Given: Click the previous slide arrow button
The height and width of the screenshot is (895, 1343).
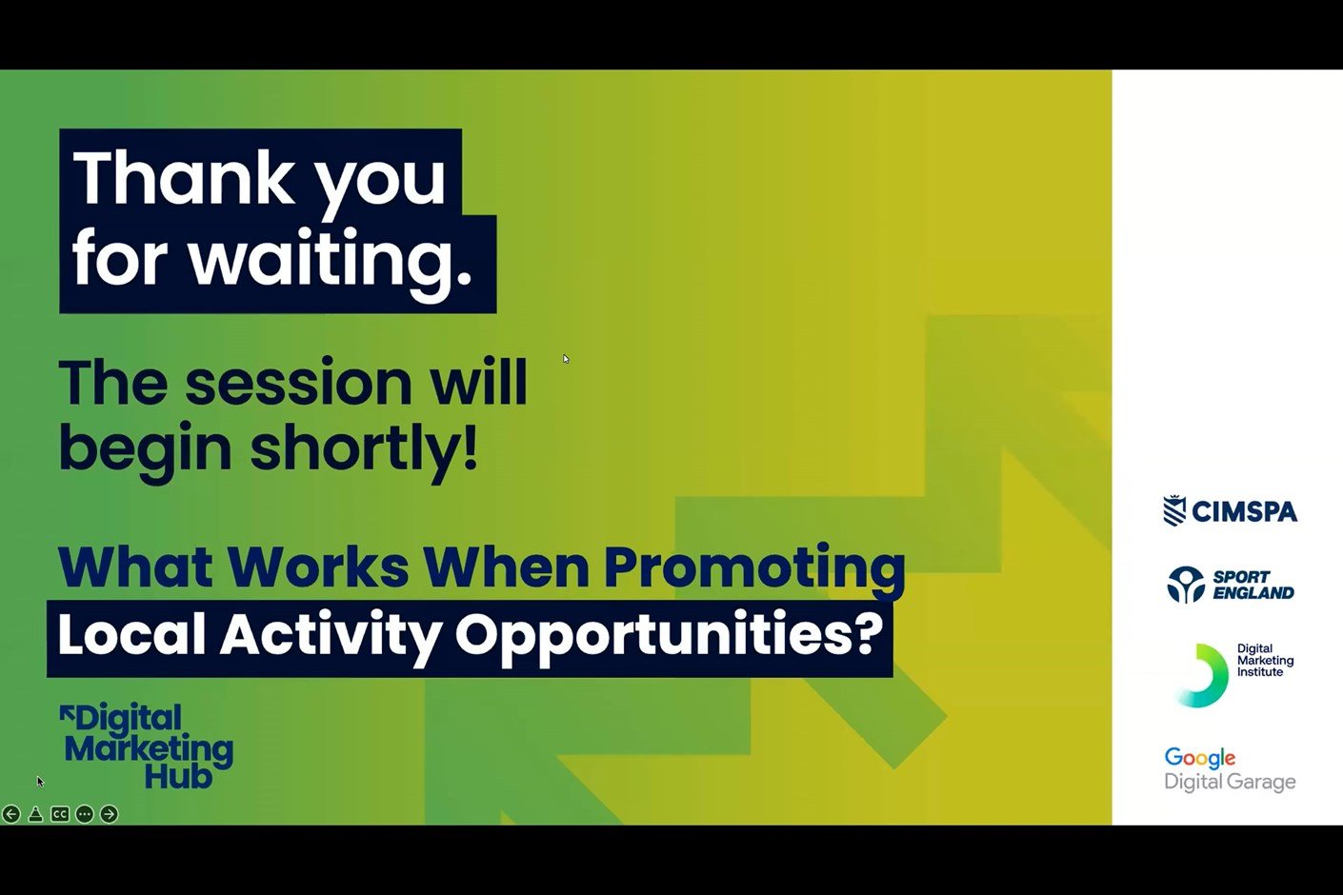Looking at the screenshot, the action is pos(11,813).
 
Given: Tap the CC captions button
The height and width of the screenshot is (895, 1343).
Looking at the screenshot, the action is pos(60,813).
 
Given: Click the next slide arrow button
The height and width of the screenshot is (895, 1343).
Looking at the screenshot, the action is pos(110,813).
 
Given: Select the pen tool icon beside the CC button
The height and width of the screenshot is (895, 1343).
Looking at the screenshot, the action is pos(36,813).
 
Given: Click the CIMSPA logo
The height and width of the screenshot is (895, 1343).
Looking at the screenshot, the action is pos(1231,510).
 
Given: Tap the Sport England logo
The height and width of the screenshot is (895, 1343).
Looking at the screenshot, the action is pos(1231,585).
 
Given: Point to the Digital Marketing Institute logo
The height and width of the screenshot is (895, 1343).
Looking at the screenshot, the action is pos(1233,675).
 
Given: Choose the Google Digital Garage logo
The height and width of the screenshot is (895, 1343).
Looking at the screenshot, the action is pos(1230,769).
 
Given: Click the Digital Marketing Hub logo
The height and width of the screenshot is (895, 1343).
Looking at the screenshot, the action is pos(147,746).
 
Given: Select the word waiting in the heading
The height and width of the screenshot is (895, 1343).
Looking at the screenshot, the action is pos(331,258).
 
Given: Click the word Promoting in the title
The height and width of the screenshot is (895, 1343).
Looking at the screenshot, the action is pos(754,567).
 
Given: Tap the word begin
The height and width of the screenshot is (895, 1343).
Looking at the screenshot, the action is pos(145,450).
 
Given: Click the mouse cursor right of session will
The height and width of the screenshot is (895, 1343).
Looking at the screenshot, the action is pos(566,359).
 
